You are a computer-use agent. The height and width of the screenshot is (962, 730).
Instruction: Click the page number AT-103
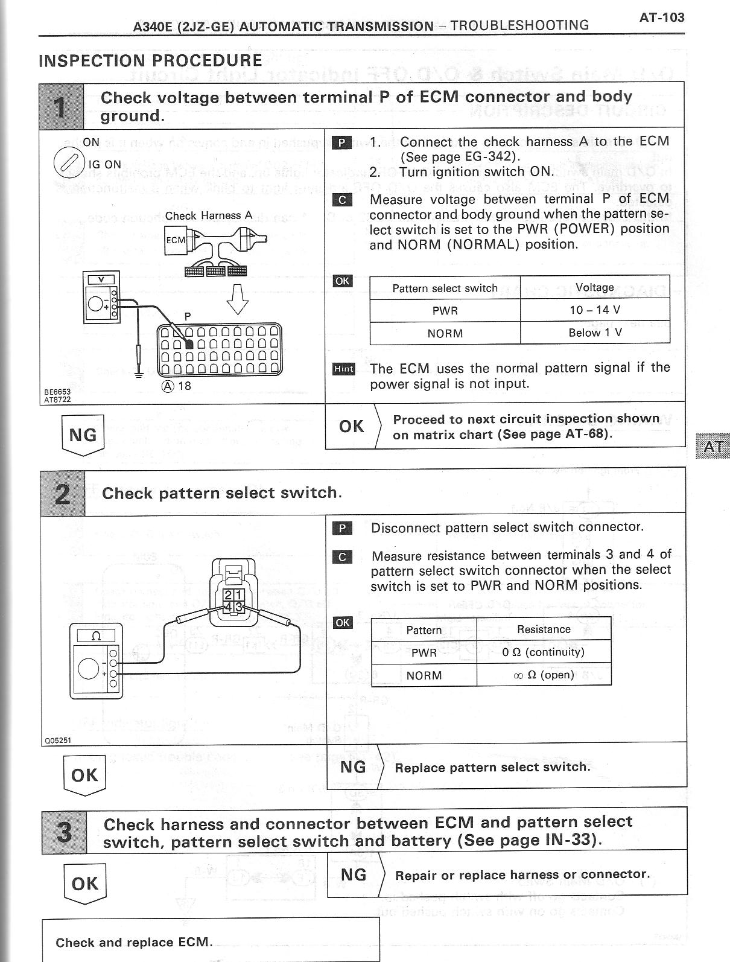[662, 17]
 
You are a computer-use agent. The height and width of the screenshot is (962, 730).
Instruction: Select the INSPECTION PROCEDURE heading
[150, 60]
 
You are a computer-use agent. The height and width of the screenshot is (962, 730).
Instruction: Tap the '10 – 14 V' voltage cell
[594, 310]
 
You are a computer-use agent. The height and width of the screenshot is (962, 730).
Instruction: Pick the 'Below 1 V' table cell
[594, 333]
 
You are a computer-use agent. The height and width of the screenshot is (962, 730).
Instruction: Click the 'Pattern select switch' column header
[445, 288]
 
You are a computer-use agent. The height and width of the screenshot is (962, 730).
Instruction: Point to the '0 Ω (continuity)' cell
[543, 652]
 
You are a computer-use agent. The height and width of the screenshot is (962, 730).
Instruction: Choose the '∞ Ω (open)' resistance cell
[543, 675]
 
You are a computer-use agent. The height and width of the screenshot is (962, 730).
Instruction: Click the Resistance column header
[543, 629]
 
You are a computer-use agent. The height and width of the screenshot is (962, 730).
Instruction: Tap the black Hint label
[344, 369]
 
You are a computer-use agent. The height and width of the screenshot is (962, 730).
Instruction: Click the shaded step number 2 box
[63, 494]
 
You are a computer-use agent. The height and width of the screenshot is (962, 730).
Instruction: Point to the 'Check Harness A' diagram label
[208, 215]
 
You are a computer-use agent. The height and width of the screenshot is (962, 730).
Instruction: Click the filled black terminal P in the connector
[189, 344]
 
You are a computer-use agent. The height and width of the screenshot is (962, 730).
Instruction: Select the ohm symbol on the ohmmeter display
[95, 635]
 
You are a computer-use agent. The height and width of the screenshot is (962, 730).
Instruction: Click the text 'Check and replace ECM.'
[134, 943]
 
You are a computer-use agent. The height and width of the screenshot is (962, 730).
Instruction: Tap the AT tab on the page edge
[713, 447]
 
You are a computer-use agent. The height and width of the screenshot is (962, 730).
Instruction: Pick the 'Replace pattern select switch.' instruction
[492, 767]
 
